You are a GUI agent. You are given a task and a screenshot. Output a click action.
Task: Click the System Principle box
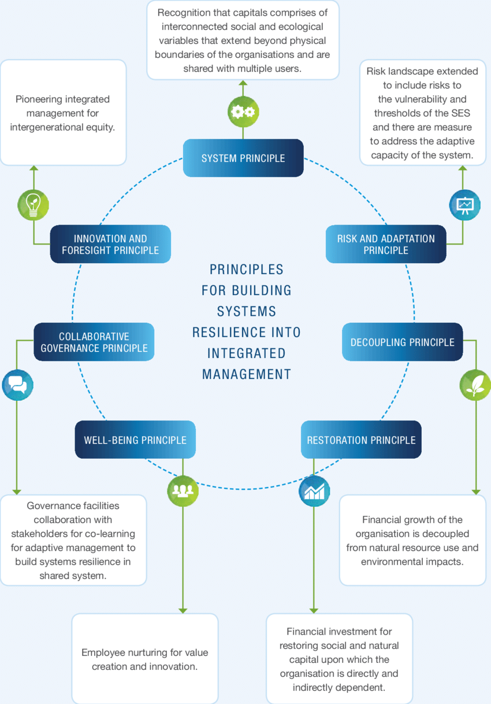(x=243, y=158)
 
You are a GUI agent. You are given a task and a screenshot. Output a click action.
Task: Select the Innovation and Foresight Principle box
(x=110, y=244)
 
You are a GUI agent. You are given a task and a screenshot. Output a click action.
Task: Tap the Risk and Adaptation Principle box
(x=386, y=244)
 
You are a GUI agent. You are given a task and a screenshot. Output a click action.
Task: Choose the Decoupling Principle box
(x=402, y=342)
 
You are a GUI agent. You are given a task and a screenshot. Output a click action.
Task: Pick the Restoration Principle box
(x=361, y=440)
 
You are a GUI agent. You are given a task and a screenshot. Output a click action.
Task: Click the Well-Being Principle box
(x=135, y=440)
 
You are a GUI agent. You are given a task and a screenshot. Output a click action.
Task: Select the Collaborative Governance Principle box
(x=94, y=342)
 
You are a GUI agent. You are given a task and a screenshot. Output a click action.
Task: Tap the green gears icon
(x=243, y=112)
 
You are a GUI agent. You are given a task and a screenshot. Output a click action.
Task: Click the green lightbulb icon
(x=33, y=204)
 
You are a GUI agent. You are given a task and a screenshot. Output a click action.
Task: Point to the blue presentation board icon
(x=464, y=204)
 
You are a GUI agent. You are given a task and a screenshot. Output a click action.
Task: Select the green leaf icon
(x=475, y=385)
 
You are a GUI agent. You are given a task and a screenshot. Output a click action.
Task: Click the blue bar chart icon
(x=314, y=491)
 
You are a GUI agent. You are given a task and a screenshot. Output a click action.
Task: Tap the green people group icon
(x=183, y=491)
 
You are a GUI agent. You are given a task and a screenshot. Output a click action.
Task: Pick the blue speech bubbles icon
(x=17, y=385)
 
